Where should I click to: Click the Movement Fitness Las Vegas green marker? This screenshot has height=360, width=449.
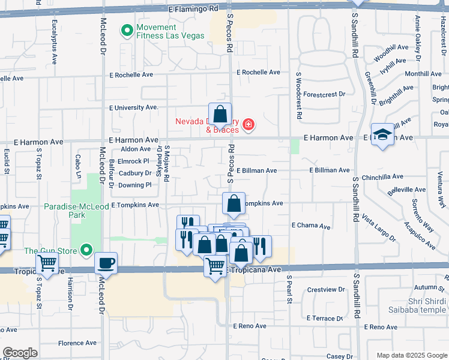[x=127, y=30]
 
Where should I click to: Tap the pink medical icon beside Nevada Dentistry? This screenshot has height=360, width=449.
[x=249, y=125]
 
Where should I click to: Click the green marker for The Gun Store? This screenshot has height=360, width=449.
[x=88, y=250]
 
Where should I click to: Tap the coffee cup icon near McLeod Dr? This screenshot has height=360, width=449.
[x=106, y=263]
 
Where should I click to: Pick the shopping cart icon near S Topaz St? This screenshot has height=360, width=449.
[x=47, y=263]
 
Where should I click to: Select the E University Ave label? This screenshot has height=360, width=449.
[x=133, y=107]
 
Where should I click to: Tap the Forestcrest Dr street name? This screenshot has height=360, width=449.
[x=324, y=94]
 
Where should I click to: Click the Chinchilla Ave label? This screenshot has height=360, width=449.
[x=383, y=177]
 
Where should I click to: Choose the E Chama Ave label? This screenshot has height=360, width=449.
[x=311, y=226]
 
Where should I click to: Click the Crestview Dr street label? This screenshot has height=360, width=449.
[x=326, y=289]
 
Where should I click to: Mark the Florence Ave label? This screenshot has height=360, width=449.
[x=77, y=343]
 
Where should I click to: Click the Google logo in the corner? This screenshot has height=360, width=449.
[x=20, y=352]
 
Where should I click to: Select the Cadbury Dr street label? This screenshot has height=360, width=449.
[x=135, y=173]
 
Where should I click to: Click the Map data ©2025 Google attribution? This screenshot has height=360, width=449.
[x=411, y=355]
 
